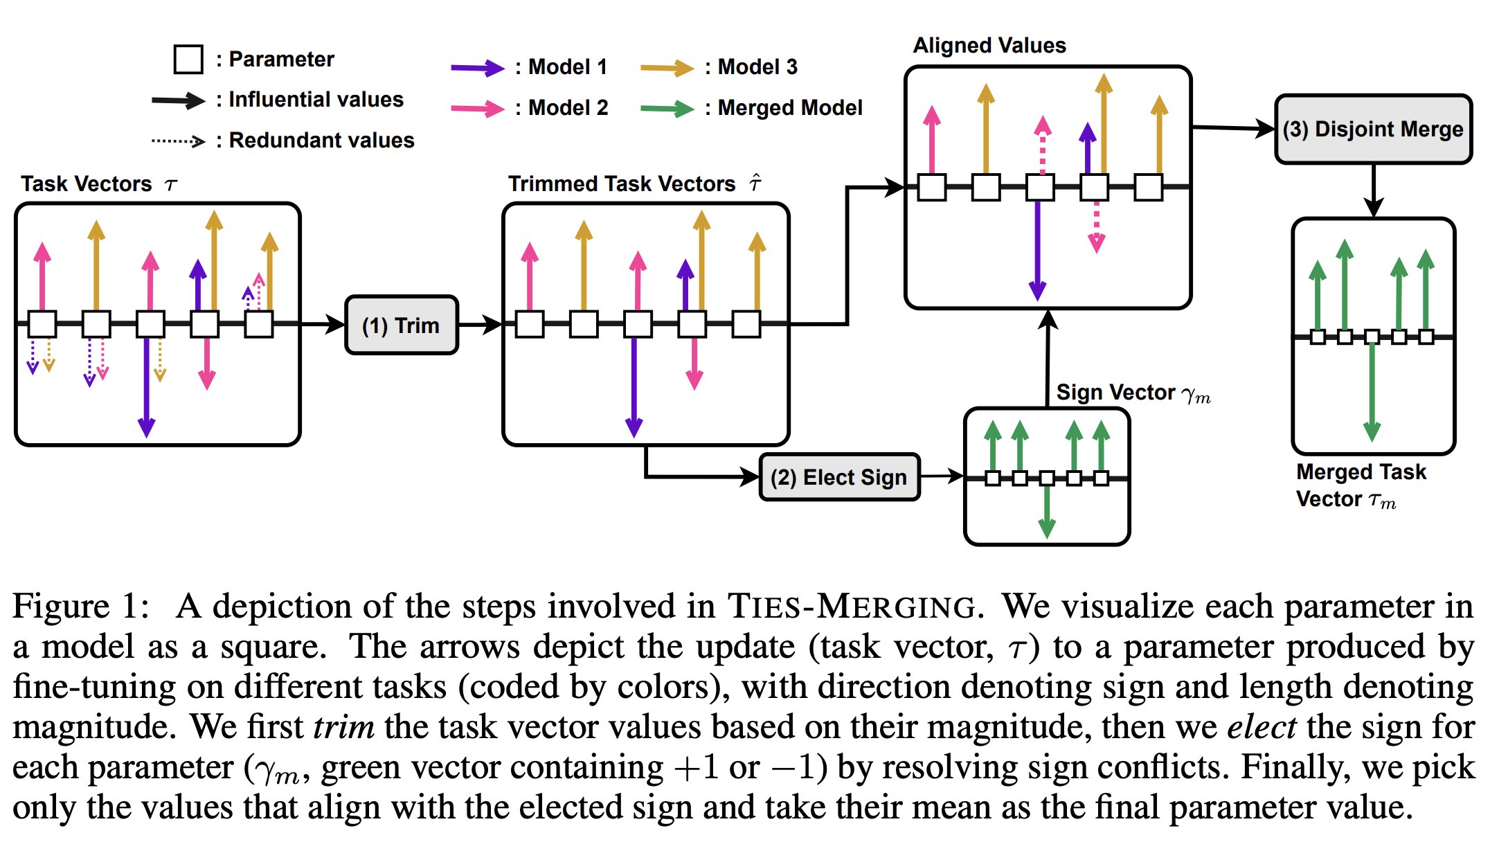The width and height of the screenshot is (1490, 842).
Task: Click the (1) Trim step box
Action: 402,325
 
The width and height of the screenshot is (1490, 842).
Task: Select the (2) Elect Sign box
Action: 839,477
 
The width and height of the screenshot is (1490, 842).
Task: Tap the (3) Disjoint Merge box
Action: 1373,129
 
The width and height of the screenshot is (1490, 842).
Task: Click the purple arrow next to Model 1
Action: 477,68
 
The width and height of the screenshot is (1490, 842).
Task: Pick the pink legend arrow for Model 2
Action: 477,109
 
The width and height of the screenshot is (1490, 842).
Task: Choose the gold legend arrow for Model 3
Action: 666,68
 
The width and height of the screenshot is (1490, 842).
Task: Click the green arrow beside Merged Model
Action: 666,109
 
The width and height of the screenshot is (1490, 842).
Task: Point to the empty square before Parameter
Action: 188,60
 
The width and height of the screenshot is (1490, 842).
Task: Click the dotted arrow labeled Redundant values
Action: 178,141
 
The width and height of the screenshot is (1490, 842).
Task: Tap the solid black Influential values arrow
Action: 178,100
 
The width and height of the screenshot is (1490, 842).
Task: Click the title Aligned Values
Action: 989,46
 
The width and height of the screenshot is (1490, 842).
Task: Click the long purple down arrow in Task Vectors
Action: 147,388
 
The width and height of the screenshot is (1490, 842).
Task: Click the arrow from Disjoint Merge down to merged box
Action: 1374,190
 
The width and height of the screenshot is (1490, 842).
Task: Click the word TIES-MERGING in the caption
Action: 854,607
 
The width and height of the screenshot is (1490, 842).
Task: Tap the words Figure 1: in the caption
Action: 81,607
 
